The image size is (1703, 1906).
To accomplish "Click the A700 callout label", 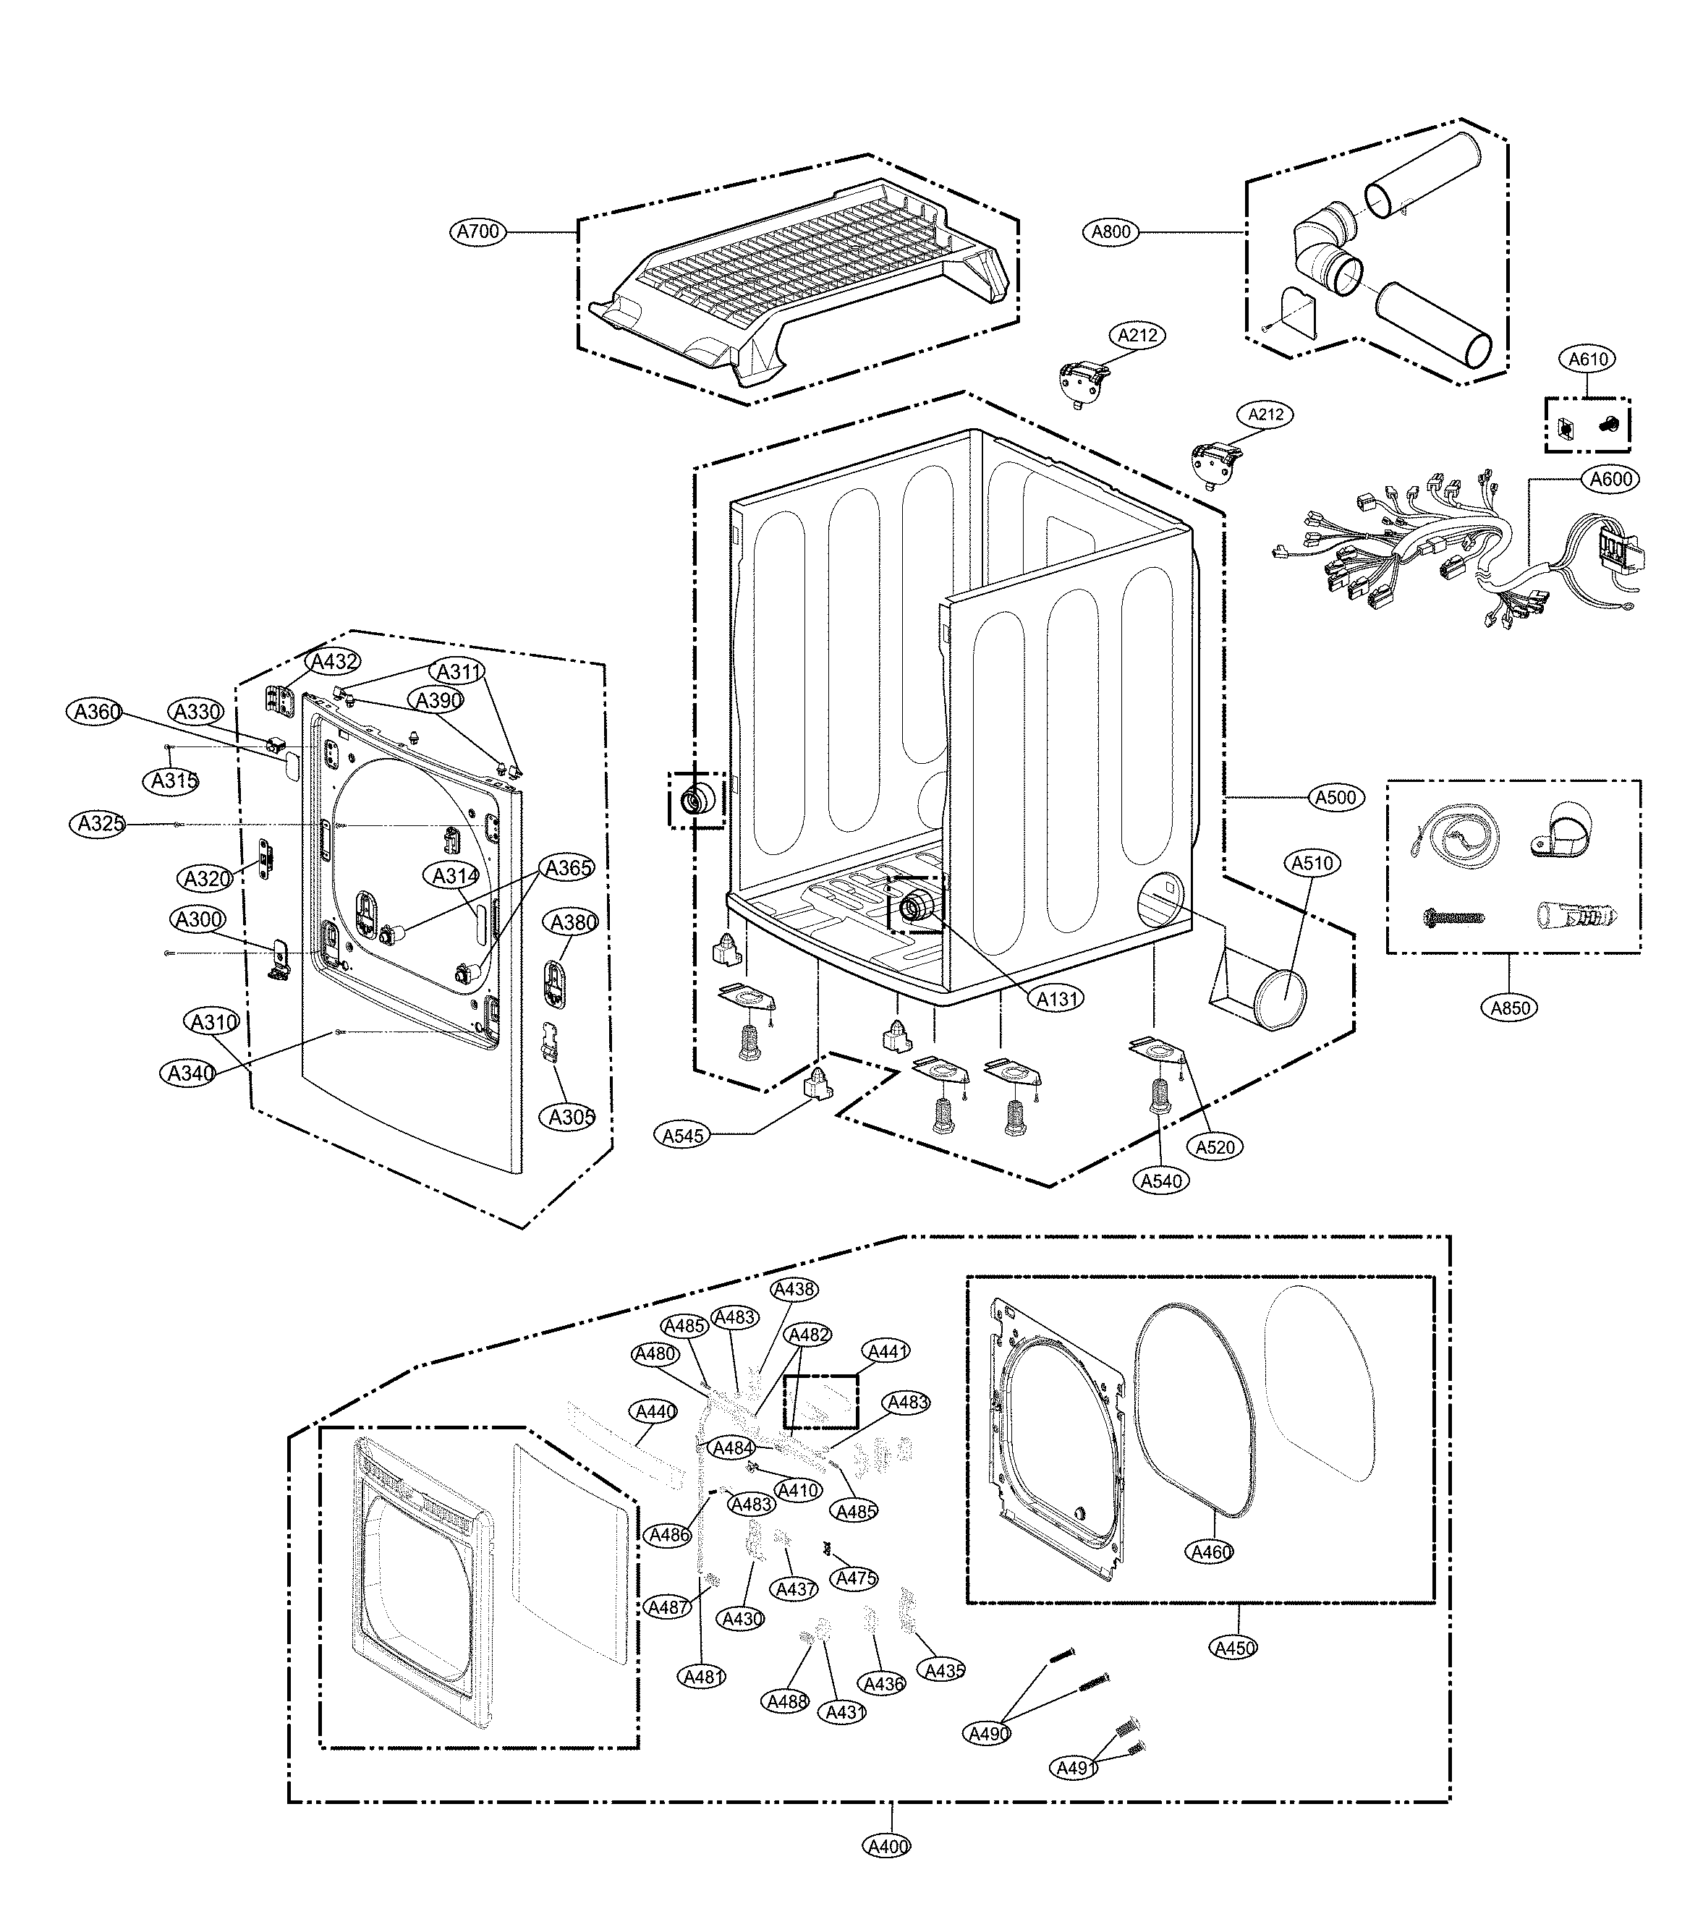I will click(x=478, y=231).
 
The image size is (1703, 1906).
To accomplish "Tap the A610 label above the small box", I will click(x=1588, y=358).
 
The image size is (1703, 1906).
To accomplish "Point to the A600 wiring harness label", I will click(x=1611, y=479).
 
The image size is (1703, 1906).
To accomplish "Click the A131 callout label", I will click(x=1058, y=1000).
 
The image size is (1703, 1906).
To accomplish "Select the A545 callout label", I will click(x=683, y=1136).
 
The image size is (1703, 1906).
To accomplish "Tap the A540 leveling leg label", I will click(x=1161, y=1180).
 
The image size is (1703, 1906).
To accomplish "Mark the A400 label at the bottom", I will click(x=886, y=1846).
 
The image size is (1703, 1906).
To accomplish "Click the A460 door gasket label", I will click(x=1211, y=1552).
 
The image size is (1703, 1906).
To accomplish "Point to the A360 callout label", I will click(x=98, y=712).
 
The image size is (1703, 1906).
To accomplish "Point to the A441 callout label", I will click(x=887, y=1351).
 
